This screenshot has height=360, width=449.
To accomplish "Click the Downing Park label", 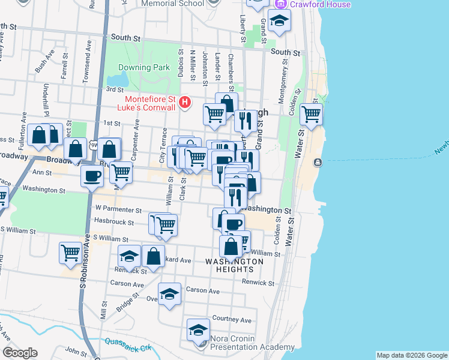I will (144, 68).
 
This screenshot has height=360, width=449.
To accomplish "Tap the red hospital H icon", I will (185, 103).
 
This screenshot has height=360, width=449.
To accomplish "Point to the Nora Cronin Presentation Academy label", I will (253, 343).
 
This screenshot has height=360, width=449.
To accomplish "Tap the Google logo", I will (20, 353).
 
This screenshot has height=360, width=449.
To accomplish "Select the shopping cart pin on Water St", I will (311, 113).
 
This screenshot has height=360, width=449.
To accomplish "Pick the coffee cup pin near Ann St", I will (92, 176).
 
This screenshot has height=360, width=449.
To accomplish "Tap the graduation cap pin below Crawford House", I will (278, 21).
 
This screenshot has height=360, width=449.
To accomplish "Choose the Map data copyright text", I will (411, 355).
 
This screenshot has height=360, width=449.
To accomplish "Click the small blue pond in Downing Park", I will (118, 80).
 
